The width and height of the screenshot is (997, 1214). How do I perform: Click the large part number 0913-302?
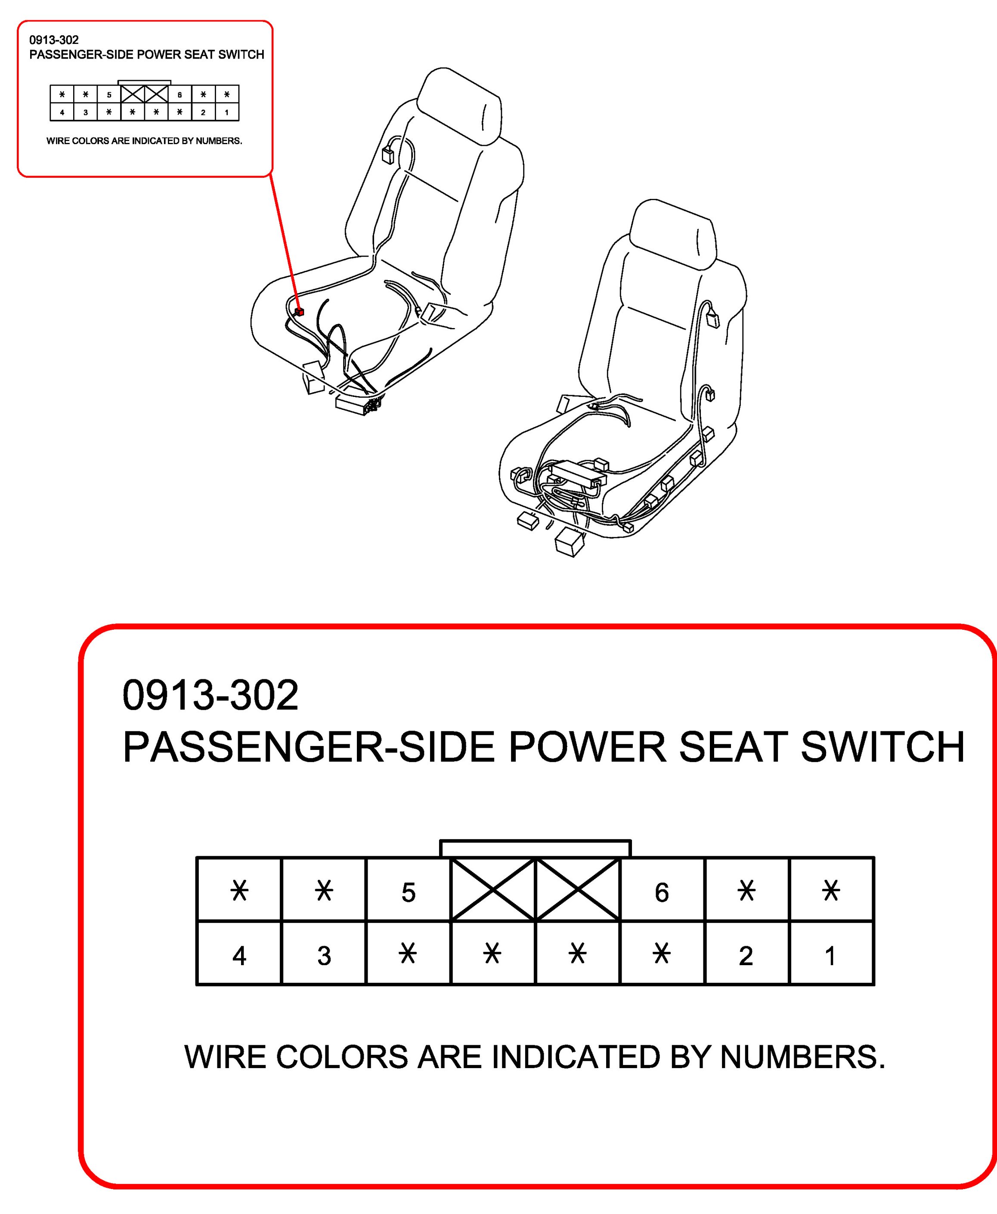tap(210, 695)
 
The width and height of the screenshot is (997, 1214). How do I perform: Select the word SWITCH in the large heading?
tap(883, 747)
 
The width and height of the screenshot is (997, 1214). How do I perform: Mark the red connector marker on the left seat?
tap(299, 312)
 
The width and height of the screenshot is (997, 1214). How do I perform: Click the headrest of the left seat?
tap(459, 106)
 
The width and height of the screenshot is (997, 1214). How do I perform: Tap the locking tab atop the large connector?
tap(535, 848)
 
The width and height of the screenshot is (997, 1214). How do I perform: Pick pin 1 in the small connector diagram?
tap(227, 112)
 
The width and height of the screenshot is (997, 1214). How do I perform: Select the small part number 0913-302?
tap(54, 40)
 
